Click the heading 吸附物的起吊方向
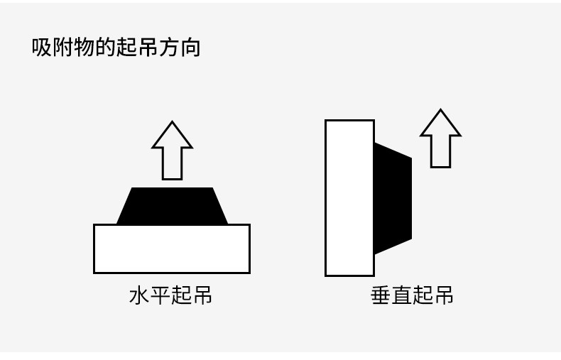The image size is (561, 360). [x=116, y=48]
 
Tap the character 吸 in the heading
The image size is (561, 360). [x=42, y=48]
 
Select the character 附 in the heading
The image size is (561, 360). [x=63, y=48]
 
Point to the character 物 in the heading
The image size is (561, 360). [x=85, y=48]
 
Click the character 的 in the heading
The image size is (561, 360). [x=106, y=48]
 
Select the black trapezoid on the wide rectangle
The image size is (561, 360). [x=172, y=207]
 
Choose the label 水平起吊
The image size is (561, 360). [x=170, y=295]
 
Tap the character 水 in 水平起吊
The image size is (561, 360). [x=139, y=295]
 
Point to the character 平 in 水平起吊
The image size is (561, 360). [x=160, y=295]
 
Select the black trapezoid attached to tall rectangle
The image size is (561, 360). [x=392, y=197]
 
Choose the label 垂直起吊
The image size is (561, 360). [x=412, y=295]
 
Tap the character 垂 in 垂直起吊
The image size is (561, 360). [x=381, y=295]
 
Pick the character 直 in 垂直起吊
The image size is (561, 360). [x=401, y=295]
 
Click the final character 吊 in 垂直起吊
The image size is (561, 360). [x=443, y=295]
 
